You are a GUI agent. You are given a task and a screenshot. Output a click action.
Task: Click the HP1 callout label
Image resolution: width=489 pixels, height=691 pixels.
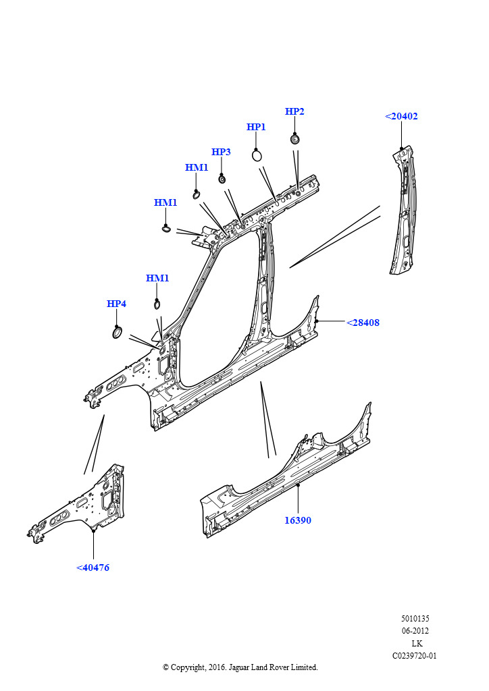coord(256,127)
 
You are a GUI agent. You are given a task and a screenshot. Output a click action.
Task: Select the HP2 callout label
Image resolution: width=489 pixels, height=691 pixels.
coord(294,111)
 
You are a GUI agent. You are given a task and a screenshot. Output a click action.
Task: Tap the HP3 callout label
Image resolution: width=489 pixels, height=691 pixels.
coord(221,152)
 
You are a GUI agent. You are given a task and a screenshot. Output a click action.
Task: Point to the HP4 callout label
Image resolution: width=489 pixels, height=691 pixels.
coord(116,304)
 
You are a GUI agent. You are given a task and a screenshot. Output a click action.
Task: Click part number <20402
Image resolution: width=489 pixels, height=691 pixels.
coord(401,116)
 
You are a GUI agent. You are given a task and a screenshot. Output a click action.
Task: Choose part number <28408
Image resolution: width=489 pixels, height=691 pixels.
coord(363,323)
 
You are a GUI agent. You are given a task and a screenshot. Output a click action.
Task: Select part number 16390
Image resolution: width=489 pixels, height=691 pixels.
coord(298,520)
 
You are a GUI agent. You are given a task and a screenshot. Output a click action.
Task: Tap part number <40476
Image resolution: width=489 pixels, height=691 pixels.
coord(93,568)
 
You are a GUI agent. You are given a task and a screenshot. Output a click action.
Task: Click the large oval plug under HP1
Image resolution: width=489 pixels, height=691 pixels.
coord(257,155)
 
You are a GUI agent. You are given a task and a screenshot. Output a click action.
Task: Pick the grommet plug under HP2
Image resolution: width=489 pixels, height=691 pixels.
coord(294,139)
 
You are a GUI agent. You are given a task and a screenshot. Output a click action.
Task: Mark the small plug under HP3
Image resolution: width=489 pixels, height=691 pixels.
coord(221,179)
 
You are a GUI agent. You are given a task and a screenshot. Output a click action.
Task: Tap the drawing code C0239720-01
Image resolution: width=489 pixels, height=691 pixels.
coord(415,655)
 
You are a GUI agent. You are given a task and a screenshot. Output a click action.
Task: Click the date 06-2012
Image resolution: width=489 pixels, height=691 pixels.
coord(415,631)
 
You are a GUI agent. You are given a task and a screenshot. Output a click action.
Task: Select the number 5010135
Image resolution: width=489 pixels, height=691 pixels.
coord(415,618)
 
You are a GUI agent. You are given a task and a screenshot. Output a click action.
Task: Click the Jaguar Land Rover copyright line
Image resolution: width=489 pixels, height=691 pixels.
coord(240,667)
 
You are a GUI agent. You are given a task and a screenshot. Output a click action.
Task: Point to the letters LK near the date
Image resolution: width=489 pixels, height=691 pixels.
coord(417,643)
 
